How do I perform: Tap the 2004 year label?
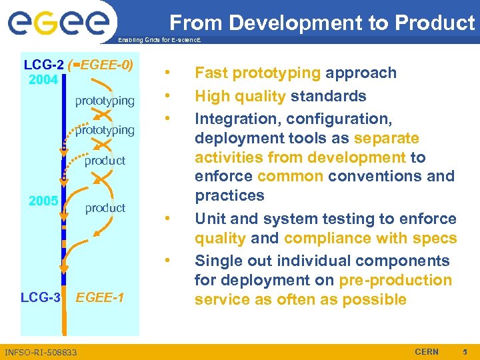click(x=43, y=81)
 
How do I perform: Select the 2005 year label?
click(x=43, y=201)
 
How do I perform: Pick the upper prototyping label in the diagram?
click(x=105, y=101)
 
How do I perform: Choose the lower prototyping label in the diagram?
click(x=105, y=129)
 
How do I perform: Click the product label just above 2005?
click(x=105, y=160)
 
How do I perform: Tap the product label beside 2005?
click(x=105, y=207)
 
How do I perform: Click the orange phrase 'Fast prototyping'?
click(x=258, y=73)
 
